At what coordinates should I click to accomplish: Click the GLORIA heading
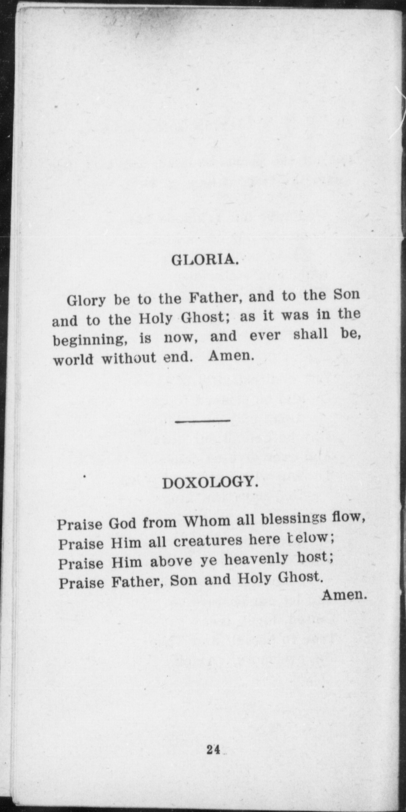(205, 260)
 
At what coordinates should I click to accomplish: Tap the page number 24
(213, 749)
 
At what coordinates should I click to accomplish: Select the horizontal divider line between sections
(203, 420)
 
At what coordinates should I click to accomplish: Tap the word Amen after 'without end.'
(231, 357)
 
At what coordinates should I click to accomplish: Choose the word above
(171, 561)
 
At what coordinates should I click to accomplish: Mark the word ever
(264, 337)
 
